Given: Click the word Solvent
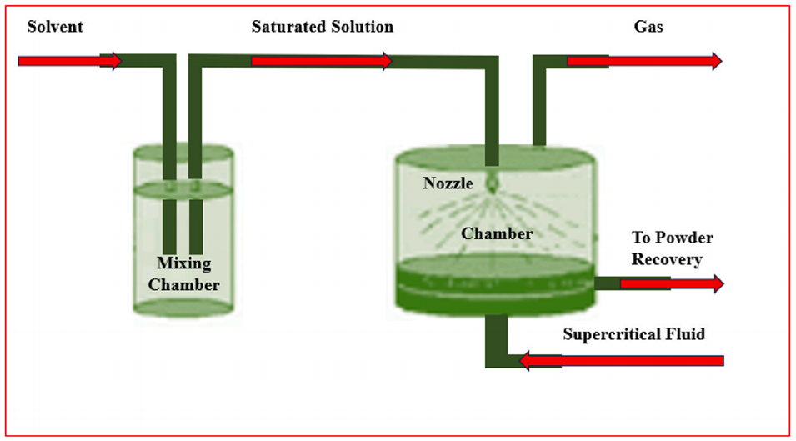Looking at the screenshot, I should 55,27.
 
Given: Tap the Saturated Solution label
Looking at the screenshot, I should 323,27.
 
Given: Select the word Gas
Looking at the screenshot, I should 648,27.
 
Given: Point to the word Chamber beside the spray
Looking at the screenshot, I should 497,233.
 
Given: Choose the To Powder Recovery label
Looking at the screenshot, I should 672,248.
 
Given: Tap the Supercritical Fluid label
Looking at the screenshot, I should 633,334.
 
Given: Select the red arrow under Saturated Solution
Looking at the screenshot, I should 322,61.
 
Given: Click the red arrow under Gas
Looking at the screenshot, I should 644,61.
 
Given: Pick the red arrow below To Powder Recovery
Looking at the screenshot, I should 672,284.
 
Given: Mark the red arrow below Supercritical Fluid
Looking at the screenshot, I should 621,360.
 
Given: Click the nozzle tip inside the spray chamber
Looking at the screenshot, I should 493,180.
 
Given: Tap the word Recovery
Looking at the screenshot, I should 667,259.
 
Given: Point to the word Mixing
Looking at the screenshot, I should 183,264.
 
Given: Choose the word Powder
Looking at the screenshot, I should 689,238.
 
